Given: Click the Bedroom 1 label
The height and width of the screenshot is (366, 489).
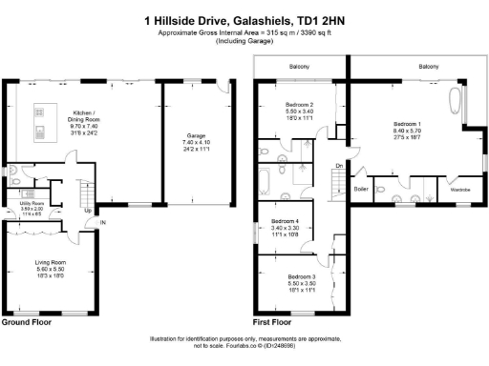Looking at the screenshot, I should point(409,124).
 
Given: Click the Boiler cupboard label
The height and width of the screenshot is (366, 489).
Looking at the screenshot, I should point(361,189).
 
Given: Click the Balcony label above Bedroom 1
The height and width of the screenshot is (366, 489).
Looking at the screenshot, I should point(428,66).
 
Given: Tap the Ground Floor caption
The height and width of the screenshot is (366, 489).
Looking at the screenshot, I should point(26,322).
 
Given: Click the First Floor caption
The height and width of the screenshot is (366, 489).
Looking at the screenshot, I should point(271,322).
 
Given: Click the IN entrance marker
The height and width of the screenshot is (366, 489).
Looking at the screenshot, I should point(102,224).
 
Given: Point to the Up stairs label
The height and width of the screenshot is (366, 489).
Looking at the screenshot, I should point(88,211).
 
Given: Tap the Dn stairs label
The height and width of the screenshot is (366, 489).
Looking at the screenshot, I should point(340,165).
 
